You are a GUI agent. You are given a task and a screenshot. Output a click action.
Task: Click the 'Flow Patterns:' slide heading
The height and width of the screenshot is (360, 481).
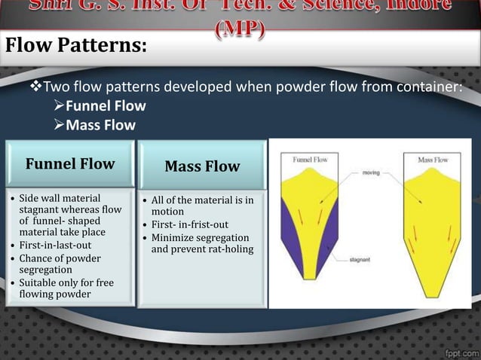[76, 46]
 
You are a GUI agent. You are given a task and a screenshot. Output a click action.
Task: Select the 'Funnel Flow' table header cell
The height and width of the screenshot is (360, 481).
[70, 163]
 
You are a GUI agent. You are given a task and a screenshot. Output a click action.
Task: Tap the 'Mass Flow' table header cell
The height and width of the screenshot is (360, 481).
[202, 166]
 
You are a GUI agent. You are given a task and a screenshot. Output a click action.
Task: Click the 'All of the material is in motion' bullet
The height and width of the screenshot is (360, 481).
[202, 206]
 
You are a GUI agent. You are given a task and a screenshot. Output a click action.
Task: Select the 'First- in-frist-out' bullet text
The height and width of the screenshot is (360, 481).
[190, 224]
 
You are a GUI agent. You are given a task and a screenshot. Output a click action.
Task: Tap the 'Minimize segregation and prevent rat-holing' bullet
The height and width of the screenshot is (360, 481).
[202, 243]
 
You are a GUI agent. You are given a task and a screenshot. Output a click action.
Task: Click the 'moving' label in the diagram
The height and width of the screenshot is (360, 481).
[371, 172]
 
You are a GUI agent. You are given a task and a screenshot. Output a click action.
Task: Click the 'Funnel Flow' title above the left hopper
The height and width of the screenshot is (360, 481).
[311, 160]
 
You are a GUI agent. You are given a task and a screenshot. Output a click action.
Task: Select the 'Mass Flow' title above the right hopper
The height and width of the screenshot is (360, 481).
[433, 160]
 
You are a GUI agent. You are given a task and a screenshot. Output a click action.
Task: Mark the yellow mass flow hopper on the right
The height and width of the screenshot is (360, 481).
[433, 226]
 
